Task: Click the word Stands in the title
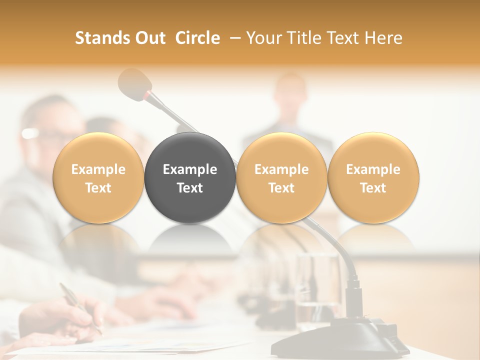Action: (x=103, y=38)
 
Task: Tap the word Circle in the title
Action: (x=197, y=38)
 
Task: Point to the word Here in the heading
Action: (x=383, y=38)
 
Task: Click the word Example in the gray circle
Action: (x=190, y=169)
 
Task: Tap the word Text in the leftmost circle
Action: (x=98, y=188)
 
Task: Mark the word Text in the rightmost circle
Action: (x=373, y=188)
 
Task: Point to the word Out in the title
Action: (x=149, y=38)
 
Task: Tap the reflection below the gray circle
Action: (x=190, y=240)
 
